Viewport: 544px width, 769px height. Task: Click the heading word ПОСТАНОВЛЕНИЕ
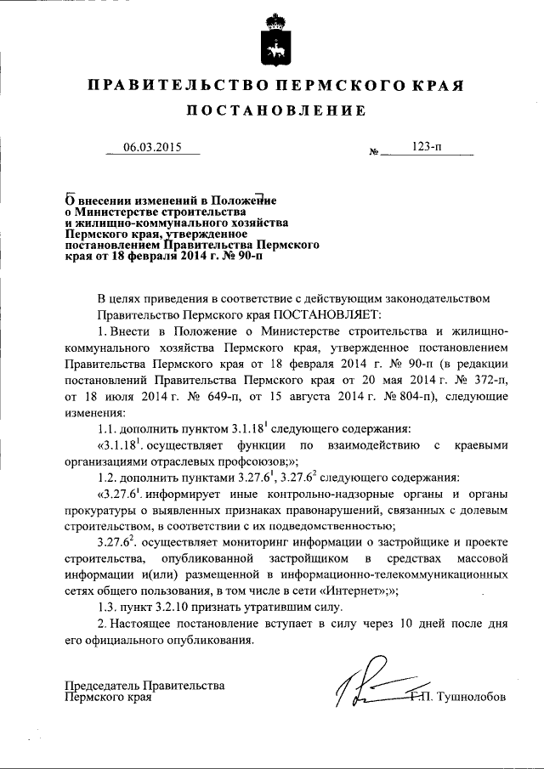276,111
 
